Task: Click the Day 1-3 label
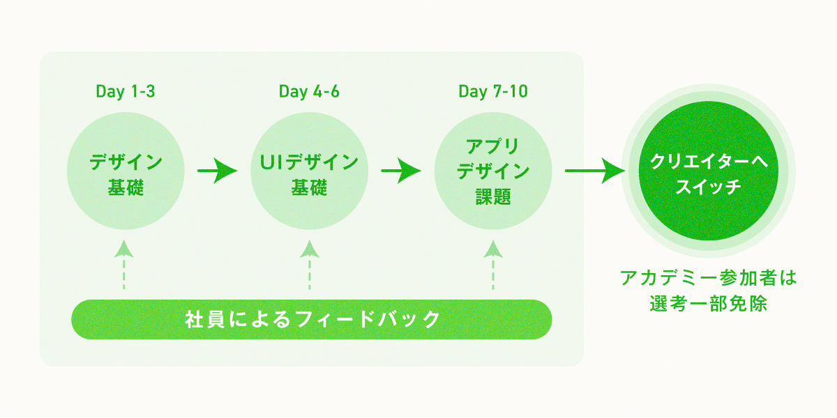pos(125,92)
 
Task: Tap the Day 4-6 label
pos(309,92)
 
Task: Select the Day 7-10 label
pos(493,92)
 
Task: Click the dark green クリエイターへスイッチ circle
pos(708,171)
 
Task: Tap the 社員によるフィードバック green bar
pos(312,320)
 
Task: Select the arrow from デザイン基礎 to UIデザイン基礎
pos(217,171)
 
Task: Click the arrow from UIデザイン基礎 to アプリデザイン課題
pos(401,171)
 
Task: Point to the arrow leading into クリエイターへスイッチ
pos(594,171)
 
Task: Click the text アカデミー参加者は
pos(708,278)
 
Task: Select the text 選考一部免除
pos(708,304)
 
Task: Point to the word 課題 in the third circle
pos(493,197)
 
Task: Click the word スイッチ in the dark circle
pos(708,187)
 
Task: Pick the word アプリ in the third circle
pos(493,146)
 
